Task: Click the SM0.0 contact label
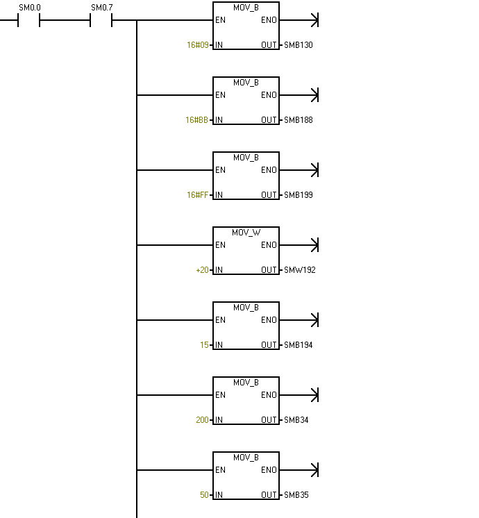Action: tap(30, 8)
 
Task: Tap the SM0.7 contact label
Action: tap(102, 8)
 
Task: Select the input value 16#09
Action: tap(198, 45)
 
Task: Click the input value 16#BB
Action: tap(197, 120)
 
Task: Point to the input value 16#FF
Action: tap(198, 195)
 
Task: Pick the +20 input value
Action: tap(202, 270)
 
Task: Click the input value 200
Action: tap(202, 420)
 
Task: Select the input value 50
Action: tap(204, 495)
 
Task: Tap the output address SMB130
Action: tap(299, 45)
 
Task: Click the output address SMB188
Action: tap(299, 120)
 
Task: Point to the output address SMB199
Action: tap(299, 195)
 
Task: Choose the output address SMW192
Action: tap(300, 270)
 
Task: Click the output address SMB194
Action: tap(299, 345)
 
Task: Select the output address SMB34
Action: tap(296, 420)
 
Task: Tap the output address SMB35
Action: tap(296, 495)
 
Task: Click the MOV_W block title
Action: tap(246, 233)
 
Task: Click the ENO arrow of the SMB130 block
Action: tap(299, 20)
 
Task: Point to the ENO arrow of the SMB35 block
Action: tap(299, 470)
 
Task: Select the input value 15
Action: tap(204, 345)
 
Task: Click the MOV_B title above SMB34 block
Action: tap(246, 383)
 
